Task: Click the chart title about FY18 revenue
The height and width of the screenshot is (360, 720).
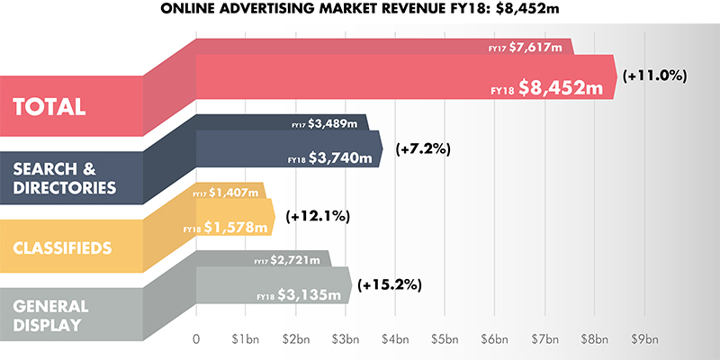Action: coord(359,11)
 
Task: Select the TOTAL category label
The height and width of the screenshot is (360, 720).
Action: coord(50,105)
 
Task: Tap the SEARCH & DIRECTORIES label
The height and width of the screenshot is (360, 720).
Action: coord(65,176)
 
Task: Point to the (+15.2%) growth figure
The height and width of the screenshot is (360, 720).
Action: coord(390,285)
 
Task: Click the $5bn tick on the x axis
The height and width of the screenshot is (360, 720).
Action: coord(444,340)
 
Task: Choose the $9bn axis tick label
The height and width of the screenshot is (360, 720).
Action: coord(645,340)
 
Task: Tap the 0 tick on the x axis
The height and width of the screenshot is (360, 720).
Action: coord(196,340)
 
